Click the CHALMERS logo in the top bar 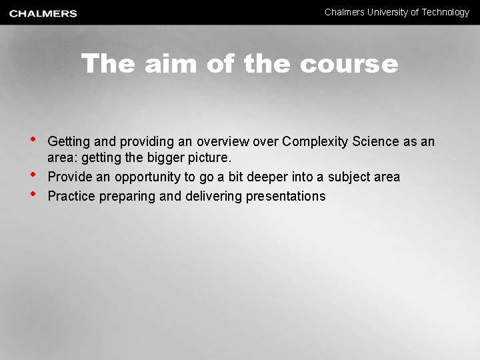(43, 13)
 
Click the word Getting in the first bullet (69, 141)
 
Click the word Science (377, 141)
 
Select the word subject (349, 177)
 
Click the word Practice (72, 196)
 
